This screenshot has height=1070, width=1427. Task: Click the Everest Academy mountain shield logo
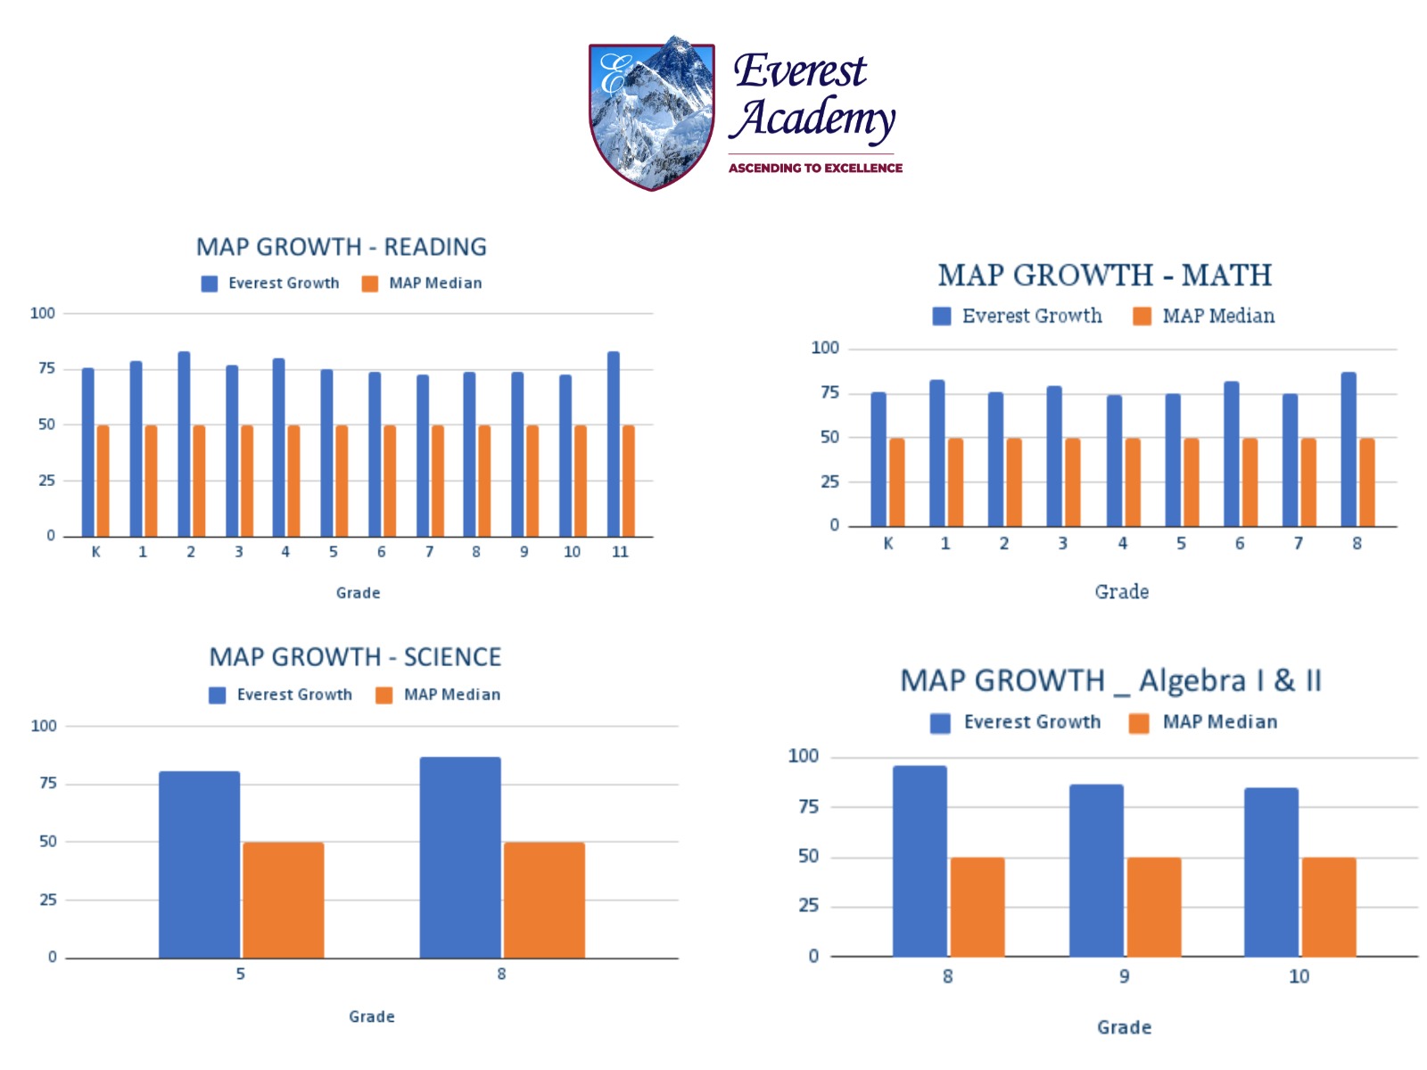coord(652,113)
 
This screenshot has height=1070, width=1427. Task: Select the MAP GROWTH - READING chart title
coord(342,247)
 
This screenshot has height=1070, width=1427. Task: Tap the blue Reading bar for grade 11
coord(614,444)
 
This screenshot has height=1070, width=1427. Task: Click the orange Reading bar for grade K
coord(103,481)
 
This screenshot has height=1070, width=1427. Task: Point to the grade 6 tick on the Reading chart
coord(381,552)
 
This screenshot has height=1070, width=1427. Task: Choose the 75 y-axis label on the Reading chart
coord(46,368)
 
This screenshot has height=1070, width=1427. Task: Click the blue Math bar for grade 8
coord(1349,449)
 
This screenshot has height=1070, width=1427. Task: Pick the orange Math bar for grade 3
coord(1073,481)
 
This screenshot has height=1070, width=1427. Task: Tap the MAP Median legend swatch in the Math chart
coord(1142,317)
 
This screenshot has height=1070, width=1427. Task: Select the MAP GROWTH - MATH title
coord(1104,276)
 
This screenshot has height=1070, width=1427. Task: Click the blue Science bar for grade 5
coord(199,865)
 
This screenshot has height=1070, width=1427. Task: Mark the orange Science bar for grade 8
coord(544,900)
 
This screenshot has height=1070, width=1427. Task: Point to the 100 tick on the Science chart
coord(44,726)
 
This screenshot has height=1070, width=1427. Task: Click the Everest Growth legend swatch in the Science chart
coord(217,695)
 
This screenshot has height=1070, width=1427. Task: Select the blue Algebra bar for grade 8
coord(920,861)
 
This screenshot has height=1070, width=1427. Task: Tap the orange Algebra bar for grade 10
coord(1329,907)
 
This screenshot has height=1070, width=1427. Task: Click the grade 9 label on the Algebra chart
coord(1124,976)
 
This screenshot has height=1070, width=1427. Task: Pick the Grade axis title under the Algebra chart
coord(1124,1027)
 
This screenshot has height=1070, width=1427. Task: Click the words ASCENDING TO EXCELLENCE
coord(815,168)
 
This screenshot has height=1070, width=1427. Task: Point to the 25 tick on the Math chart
coord(829,481)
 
